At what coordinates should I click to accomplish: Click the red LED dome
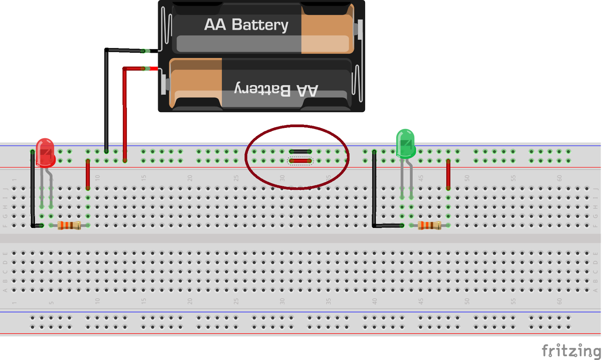click(x=45, y=150)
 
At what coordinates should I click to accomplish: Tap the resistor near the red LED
click(x=69, y=225)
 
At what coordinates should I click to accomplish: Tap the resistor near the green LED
click(x=429, y=225)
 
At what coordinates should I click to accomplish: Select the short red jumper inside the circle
click(x=300, y=161)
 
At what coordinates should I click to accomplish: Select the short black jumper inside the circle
click(x=300, y=152)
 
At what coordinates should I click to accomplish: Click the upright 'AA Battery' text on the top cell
click(x=246, y=25)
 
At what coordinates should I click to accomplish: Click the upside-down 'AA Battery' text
click(x=276, y=90)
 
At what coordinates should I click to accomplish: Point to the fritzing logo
click(x=571, y=351)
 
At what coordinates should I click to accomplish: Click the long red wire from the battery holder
click(x=125, y=113)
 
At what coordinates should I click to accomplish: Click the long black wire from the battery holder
click(x=106, y=102)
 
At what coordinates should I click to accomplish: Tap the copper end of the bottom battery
click(x=196, y=83)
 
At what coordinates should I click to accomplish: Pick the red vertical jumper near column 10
click(x=88, y=175)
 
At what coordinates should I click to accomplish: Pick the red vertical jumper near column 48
click(x=448, y=175)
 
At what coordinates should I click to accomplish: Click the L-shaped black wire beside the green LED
click(x=374, y=196)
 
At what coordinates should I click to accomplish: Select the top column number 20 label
click(x=190, y=178)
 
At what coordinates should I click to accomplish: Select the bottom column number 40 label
click(x=374, y=301)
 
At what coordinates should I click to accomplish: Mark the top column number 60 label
click(x=559, y=178)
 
